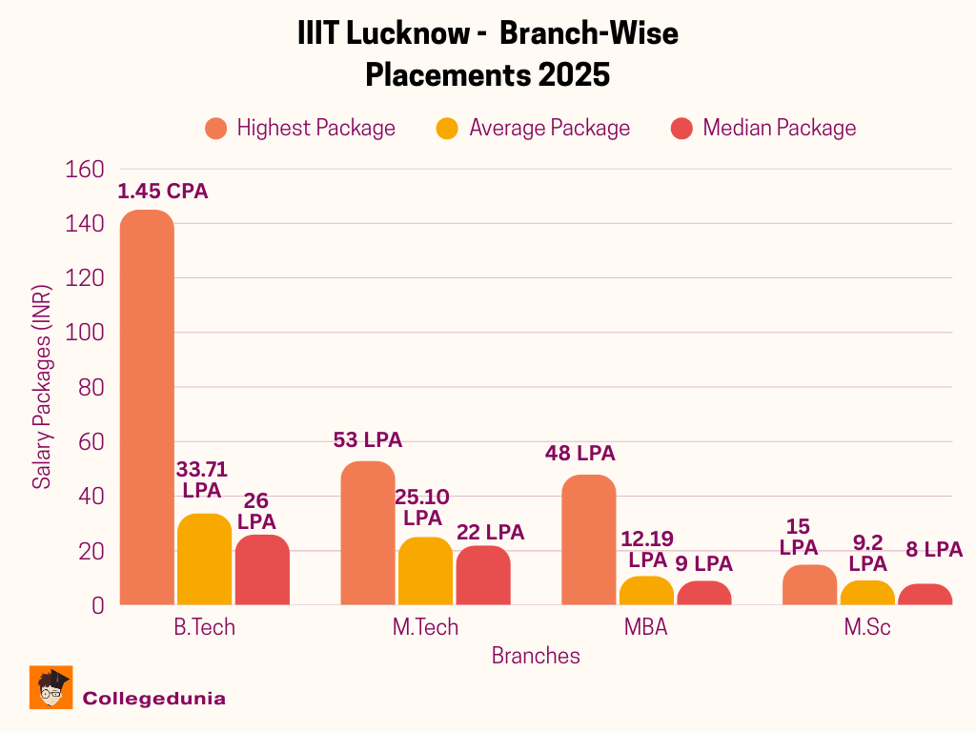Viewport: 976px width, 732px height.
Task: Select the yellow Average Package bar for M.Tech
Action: click(x=425, y=571)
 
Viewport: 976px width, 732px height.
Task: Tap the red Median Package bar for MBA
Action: click(x=704, y=593)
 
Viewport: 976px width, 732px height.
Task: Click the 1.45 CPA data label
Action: click(x=162, y=191)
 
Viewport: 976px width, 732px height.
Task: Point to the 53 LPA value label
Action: click(x=368, y=440)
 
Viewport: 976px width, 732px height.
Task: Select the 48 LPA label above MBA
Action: click(x=579, y=454)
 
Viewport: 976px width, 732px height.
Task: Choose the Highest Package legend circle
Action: click(x=216, y=128)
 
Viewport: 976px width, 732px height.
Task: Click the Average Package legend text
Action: click(x=549, y=128)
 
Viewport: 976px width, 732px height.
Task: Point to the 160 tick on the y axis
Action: click(x=84, y=170)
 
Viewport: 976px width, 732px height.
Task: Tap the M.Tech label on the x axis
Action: click(x=425, y=627)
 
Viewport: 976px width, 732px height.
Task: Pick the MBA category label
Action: click(x=646, y=627)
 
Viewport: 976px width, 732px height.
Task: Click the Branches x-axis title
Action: click(x=536, y=656)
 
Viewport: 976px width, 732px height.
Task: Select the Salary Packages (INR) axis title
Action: click(x=42, y=387)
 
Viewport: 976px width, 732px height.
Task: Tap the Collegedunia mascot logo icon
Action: click(x=51, y=687)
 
